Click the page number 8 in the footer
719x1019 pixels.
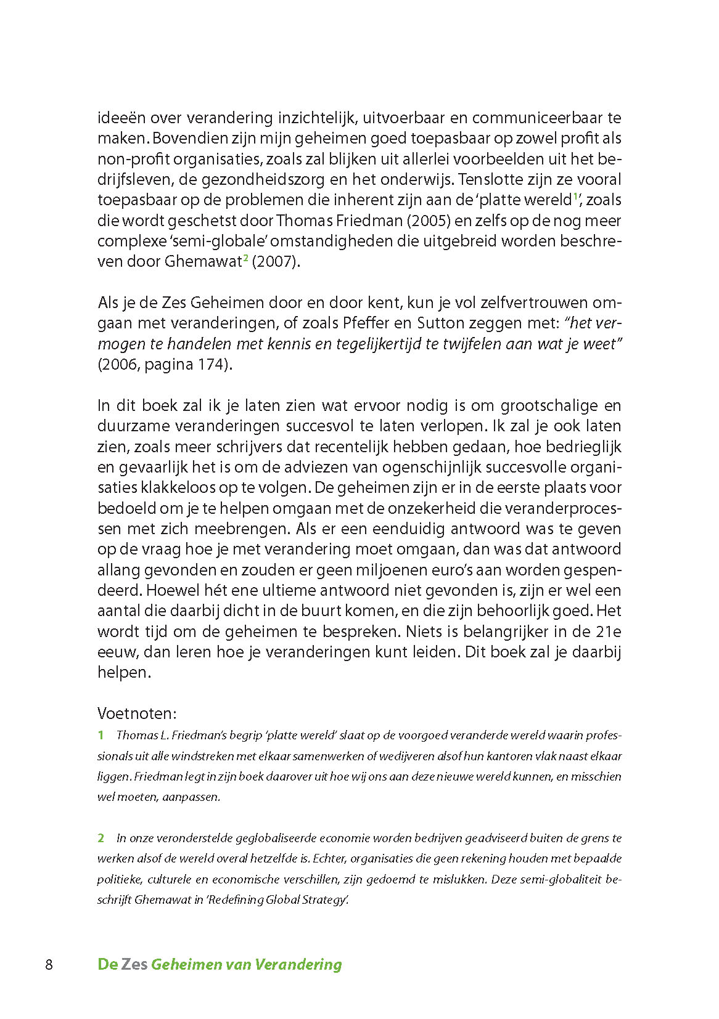click(x=49, y=965)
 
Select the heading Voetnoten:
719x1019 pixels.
click(x=137, y=713)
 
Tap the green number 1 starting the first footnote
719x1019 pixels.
click(x=101, y=736)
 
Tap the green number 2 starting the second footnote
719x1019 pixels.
click(x=101, y=838)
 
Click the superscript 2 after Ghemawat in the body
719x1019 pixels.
click(x=245, y=259)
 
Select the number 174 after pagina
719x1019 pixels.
click(x=213, y=365)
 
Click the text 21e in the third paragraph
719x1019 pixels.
click(x=608, y=631)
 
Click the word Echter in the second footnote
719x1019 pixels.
click(x=331, y=859)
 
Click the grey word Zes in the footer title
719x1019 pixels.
click(x=134, y=965)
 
